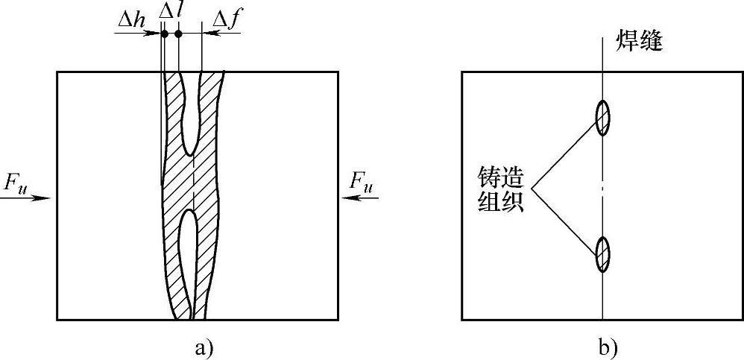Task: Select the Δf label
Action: pos(227,18)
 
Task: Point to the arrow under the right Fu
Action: pos(361,198)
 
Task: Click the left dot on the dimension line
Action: pos(164,34)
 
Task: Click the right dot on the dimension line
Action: pos(178,34)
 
